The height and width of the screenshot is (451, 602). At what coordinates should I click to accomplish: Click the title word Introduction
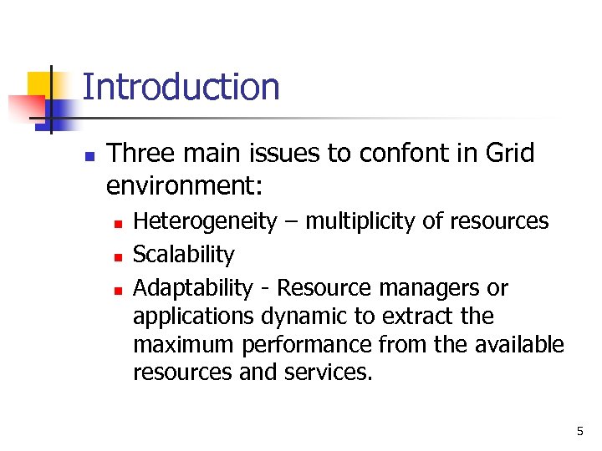[x=181, y=87]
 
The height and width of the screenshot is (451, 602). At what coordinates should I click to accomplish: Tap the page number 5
[x=579, y=431]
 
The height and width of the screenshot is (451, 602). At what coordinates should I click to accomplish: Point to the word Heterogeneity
[x=205, y=221]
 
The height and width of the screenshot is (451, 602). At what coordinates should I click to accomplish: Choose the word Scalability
[x=184, y=254]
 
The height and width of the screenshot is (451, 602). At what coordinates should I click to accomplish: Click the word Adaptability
[x=193, y=288]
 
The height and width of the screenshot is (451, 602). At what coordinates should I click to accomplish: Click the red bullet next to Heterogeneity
[x=120, y=223]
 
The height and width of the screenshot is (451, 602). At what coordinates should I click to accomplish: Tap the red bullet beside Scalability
[x=120, y=256]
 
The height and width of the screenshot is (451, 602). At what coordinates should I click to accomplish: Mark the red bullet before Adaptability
[x=120, y=290]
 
